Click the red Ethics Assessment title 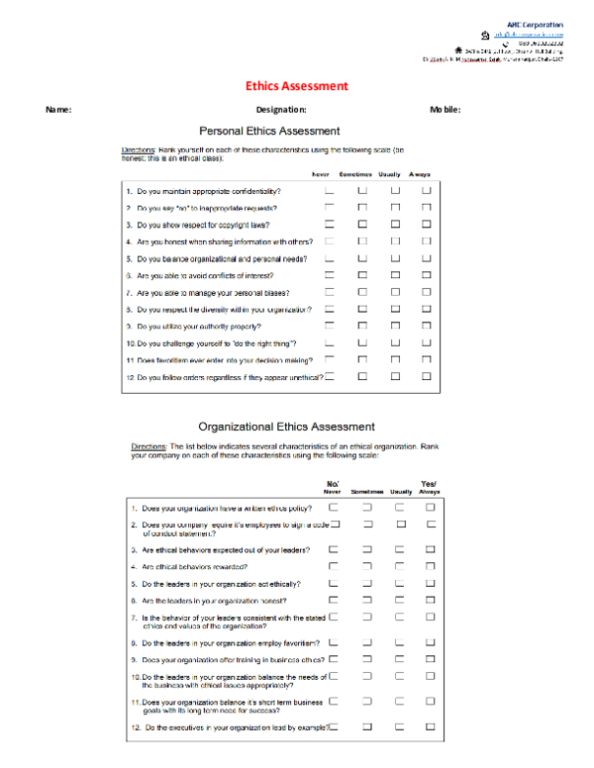coord(297,86)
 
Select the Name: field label coord(58,109)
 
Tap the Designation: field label coord(281,109)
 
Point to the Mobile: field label coord(445,109)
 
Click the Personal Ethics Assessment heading coord(269,131)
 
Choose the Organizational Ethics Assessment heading coord(286,427)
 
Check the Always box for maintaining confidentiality coord(427,190)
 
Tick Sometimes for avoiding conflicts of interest coord(362,275)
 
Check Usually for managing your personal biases coord(395,293)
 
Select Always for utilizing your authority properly coord(427,326)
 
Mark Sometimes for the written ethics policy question coord(366,507)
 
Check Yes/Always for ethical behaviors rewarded coord(431,566)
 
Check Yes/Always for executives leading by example coord(431,726)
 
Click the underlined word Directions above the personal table coord(137,148)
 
